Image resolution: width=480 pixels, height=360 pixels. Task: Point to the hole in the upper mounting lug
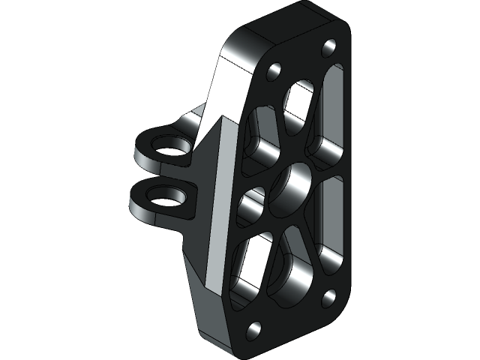click(169, 144)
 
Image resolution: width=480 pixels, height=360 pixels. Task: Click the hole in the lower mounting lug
click(164, 196)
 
